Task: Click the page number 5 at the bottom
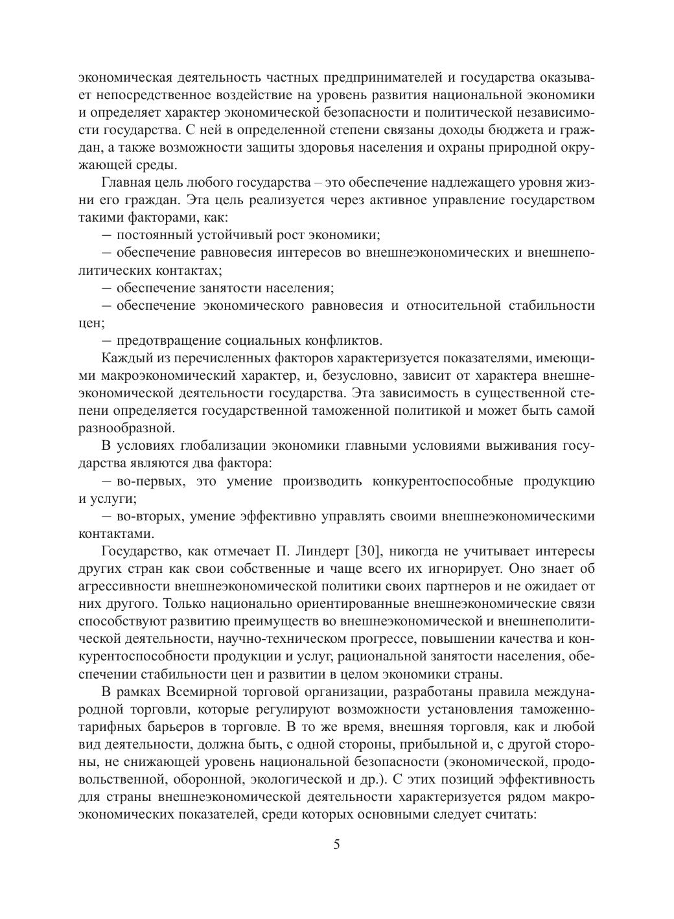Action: coord(336,844)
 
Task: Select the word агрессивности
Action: coord(124,587)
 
